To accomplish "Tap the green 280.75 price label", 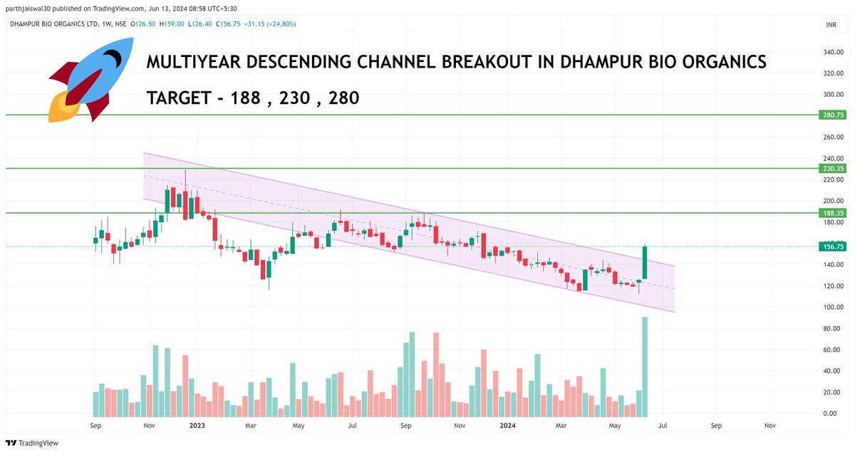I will click(x=831, y=115).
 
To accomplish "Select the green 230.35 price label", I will click(x=831, y=169).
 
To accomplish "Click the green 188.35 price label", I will click(x=831, y=213).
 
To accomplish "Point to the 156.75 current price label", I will click(x=831, y=246).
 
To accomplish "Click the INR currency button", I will click(x=831, y=24).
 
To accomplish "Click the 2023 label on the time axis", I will click(x=197, y=425).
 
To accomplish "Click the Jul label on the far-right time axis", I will click(x=663, y=425).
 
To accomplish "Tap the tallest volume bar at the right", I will click(x=645, y=366).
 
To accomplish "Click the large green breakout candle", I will click(x=645, y=262).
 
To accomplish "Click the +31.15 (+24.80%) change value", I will click(x=269, y=24).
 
